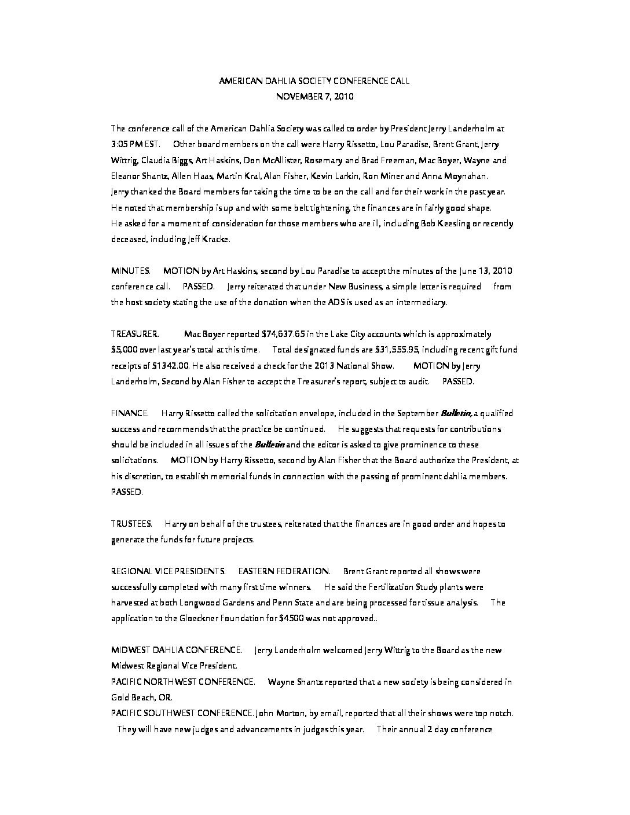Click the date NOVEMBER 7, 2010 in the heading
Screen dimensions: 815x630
pyautogui.click(x=314, y=97)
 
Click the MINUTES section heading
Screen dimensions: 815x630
pyautogui.click(x=131, y=271)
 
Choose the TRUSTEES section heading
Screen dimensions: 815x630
pyautogui.click(x=131, y=524)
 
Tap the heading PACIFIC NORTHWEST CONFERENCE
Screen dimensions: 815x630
pyautogui.click(x=183, y=682)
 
